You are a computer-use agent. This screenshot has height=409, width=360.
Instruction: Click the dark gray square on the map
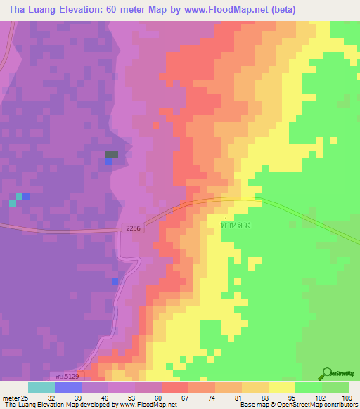[112, 155]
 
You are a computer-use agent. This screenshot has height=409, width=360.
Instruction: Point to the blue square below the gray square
[108, 162]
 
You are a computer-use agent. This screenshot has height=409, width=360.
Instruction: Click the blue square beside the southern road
[115, 282]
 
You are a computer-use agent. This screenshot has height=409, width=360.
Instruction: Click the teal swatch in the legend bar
[41, 387]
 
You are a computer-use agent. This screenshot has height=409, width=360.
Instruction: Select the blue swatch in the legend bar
[67, 387]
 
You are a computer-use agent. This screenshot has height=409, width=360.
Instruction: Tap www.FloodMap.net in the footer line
[147, 405]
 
